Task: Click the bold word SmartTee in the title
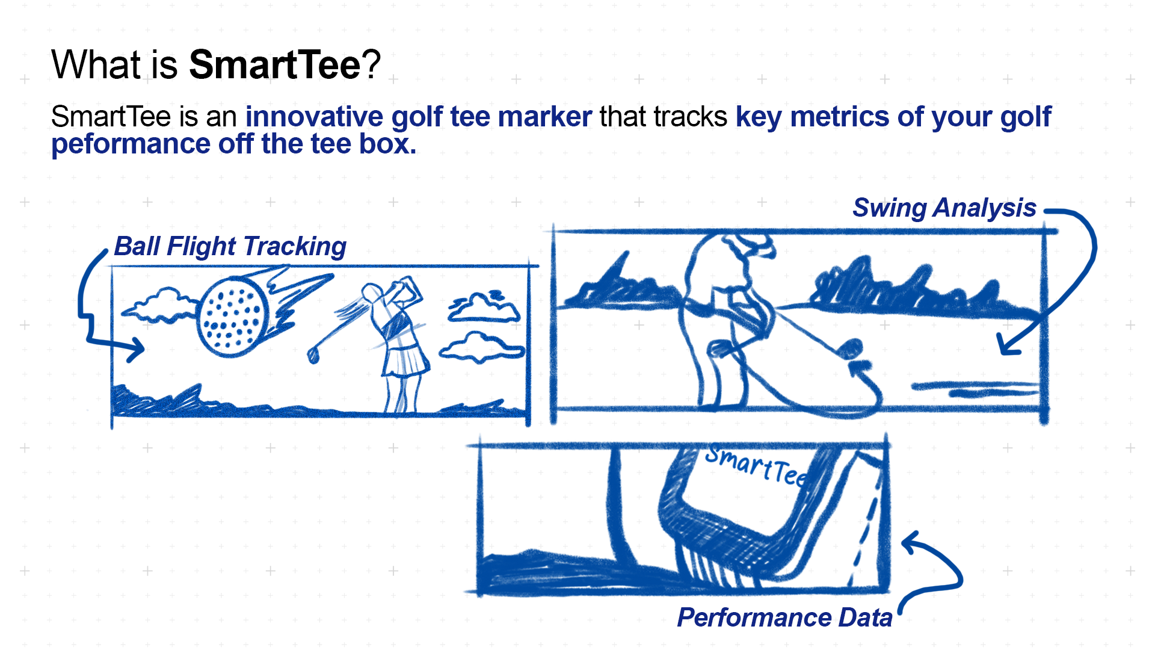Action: click(275, 64)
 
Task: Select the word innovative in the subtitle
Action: click(314, 116)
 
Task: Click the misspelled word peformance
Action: click(130, 144)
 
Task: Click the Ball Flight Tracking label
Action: click(230, 246)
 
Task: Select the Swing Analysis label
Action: click(944, 208)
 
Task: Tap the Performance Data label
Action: click(784, 617)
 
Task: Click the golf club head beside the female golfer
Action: click(313, 354)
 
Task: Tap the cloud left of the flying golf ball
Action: click(159, 305)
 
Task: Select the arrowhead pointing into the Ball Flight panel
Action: click(135, 348)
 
